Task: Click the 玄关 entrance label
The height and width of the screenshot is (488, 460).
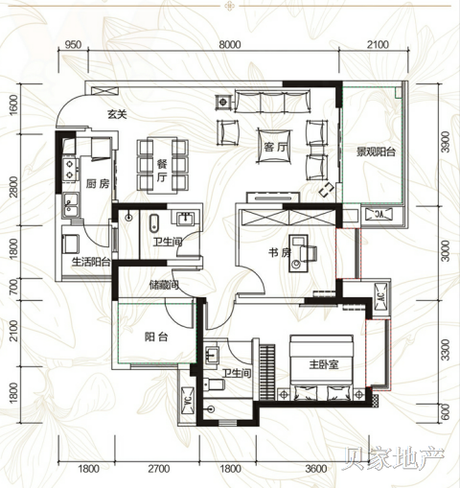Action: click(x=117, y=114)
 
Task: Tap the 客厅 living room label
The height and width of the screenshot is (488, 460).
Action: click(x=275, y=148)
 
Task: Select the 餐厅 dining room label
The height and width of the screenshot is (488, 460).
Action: click(x=162, y=171)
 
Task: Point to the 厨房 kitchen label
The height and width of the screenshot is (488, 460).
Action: click(x=98, y=183)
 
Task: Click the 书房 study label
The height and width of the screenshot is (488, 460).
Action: click(x=280, y=253)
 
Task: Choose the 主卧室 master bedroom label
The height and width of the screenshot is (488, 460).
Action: click(x=324, y=364)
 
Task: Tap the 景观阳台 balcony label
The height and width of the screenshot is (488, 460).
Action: click(x=376, y=151)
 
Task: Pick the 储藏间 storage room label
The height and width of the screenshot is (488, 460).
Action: click(x=164, y=285)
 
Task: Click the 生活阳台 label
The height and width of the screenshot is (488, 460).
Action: click(x=91, y=262)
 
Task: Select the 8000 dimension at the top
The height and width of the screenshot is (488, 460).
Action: click(x=230, y=45)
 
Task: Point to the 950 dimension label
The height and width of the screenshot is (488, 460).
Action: click(x=73, y=45)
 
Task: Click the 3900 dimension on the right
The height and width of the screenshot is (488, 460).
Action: click(x=447, y=142)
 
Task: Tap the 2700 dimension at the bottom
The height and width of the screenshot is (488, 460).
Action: click(x=159, y=469)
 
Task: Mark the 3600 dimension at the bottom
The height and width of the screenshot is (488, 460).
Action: click(x=316, y=469)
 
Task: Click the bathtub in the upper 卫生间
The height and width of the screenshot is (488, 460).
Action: click(x=153, y=223)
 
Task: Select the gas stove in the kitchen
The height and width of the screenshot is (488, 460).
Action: click(x=70, y=169)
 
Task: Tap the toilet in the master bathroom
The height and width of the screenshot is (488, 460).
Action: click(x=215, y=384)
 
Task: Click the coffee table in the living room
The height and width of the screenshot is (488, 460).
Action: click(x=275, y=147)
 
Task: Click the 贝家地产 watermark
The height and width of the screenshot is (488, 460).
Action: click(x=394, y=459)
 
